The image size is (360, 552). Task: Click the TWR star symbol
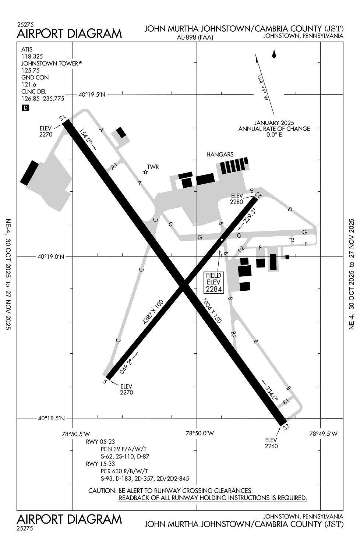pyautogui.click(x=146, y=172)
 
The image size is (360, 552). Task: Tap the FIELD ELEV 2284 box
pyautogui.click(x=214, y=282)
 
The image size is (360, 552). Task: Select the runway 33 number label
pyautogui.click(x=286, y=427)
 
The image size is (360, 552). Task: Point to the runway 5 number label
pyautogui.click(x=105, y=382)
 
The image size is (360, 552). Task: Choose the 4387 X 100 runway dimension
pyautogui.click(x=153, y=312)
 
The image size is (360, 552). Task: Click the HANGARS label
pyautogui.click(x=220, y=155)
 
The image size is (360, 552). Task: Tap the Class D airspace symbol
pyautogui.click(x=25, y=108)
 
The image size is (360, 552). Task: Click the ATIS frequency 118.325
pyautogui.click(x=32, y=56)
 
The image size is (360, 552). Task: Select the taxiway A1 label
pyautogui.click(x=114, y=166)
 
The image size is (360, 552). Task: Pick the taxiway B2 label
pyautogui.click(x=233, y=334)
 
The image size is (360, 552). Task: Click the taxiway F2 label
pyautogui.click(x=241, y=249)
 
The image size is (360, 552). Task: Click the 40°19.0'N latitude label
pyautogui.click(x=51, y=256)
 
